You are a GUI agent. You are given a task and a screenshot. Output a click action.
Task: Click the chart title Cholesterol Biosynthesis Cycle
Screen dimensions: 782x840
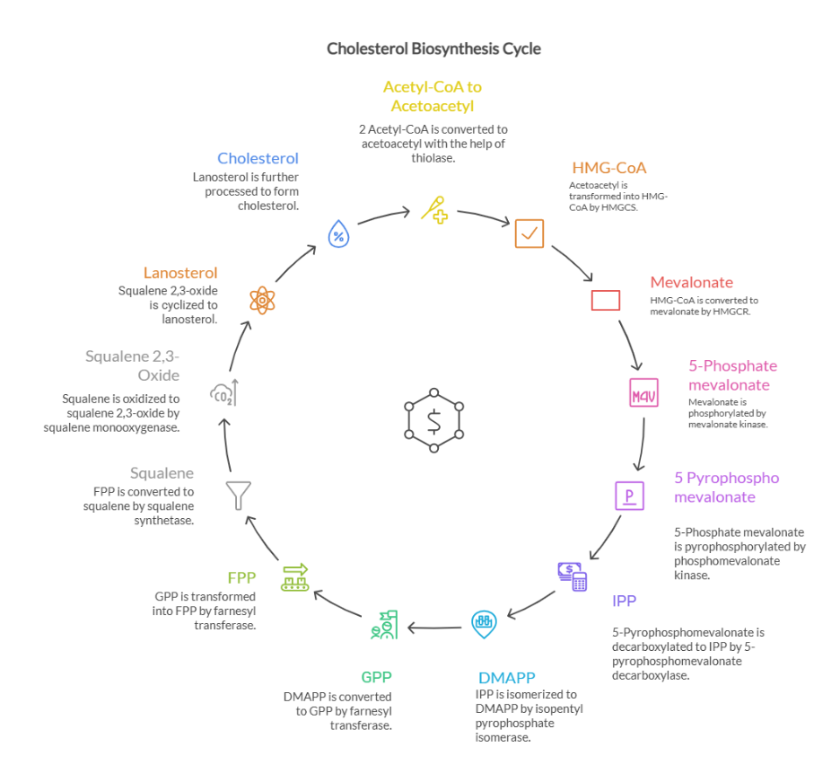click(x=433, y=48)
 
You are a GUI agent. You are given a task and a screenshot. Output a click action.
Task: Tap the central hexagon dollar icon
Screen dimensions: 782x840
click(x=434, y=419)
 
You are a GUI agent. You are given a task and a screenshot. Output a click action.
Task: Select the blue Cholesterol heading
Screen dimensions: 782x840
click(x=258, y=159)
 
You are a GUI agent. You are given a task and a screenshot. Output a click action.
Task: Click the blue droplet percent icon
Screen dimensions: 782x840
click(x=338, y=235)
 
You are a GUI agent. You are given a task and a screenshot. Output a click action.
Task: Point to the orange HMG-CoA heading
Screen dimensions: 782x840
click(x=608, y=168)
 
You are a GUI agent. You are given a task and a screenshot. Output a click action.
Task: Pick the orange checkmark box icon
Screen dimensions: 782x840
click(x=529, y=233)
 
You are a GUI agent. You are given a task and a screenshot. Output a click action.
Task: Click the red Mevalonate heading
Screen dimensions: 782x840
click(x=691, y=283)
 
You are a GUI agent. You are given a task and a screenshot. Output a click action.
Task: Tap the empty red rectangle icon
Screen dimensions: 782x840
click(x=606, y=300)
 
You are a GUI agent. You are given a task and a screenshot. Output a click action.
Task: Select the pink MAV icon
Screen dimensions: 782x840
click(x=643, y=394)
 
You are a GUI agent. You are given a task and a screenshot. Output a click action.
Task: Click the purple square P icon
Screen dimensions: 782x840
click(x=629, y=495)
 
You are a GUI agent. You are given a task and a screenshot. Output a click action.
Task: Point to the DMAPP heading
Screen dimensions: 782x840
click(x=508, y=678)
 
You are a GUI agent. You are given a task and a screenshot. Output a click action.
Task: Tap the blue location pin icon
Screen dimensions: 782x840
click(x=484, y=622)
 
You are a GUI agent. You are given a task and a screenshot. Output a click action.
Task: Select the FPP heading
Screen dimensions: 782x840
click(x=241, y=577)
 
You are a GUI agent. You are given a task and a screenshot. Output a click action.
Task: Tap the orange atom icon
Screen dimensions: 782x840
click(x=261, y=299)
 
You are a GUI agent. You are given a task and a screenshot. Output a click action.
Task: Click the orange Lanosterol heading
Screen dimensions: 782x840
click(x=180, y=273)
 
